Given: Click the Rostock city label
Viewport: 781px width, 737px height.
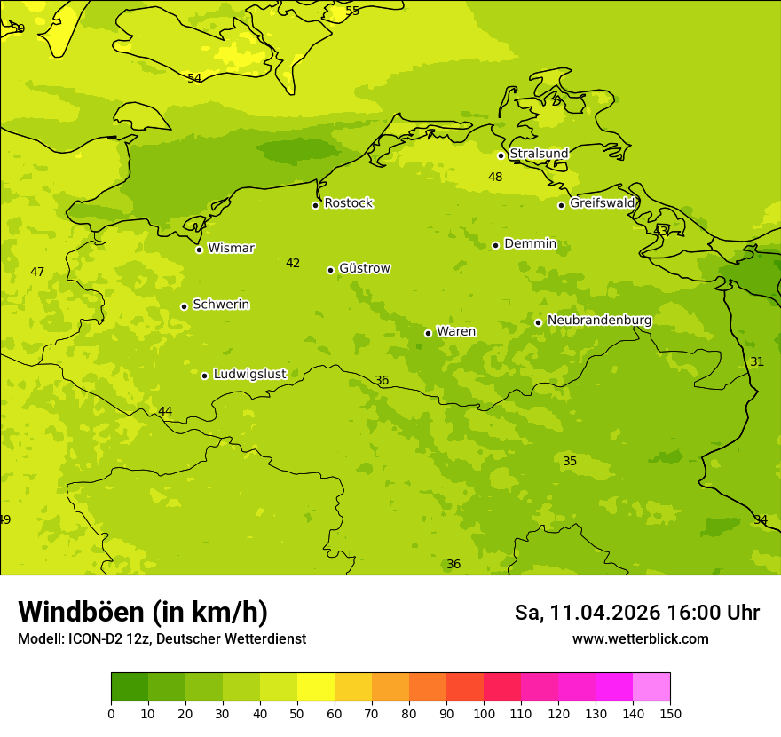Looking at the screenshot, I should (348, 203).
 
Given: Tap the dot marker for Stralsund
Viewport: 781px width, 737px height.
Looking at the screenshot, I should (501, 155).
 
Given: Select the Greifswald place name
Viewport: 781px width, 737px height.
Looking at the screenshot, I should (602, 203).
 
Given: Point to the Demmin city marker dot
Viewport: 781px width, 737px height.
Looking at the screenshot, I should (495, 245).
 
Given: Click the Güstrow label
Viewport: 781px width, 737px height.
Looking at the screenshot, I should (364, 268).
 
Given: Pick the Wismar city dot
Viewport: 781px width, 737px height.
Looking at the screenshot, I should (199, 250).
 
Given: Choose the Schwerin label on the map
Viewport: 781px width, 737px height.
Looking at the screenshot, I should (221, 305).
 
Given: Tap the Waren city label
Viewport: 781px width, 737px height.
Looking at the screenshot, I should (456, 331).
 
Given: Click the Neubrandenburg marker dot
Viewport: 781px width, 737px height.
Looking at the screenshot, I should (538, 322).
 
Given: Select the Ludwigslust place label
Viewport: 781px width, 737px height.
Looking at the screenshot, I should (249, 374).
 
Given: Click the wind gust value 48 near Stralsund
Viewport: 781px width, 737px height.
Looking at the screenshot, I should (495, 177).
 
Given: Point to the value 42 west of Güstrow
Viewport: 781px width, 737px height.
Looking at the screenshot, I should (293, 263).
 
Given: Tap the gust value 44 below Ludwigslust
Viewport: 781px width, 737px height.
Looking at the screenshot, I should (165, 411).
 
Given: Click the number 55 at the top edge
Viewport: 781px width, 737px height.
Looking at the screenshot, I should (352, 11).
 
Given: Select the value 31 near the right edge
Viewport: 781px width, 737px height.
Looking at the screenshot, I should (757, 361).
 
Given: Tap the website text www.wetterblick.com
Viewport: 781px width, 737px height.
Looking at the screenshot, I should (640, 638).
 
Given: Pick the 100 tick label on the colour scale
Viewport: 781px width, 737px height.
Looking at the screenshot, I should (484, 713).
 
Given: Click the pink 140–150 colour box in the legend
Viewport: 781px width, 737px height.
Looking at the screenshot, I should (651, 687).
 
